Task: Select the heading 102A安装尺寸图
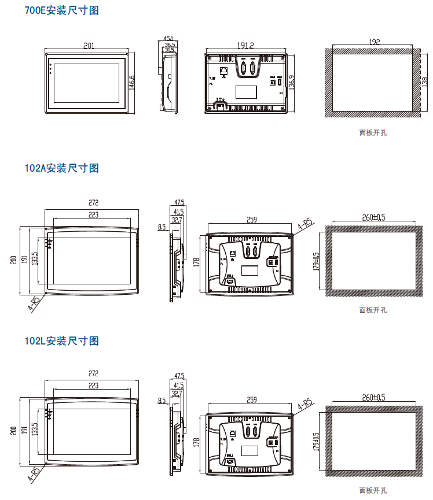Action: click(x=61, y=168)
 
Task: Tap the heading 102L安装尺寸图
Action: click(x=61, y=341)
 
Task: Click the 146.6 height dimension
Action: click(x=132, y=83)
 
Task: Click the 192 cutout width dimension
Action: click(x=374, y=42)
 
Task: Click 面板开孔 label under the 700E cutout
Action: click(x=373, y=132)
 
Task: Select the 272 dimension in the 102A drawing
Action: click(x=93, y=203)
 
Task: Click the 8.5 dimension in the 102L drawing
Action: click(x=162, y=400)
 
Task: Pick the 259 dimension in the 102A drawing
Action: click(x=251, y=220)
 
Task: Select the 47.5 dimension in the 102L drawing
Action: click(x=179, y=376)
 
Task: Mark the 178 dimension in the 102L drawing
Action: click(x=196, y=442)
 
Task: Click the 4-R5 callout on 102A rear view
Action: click(x=305, y=224)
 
